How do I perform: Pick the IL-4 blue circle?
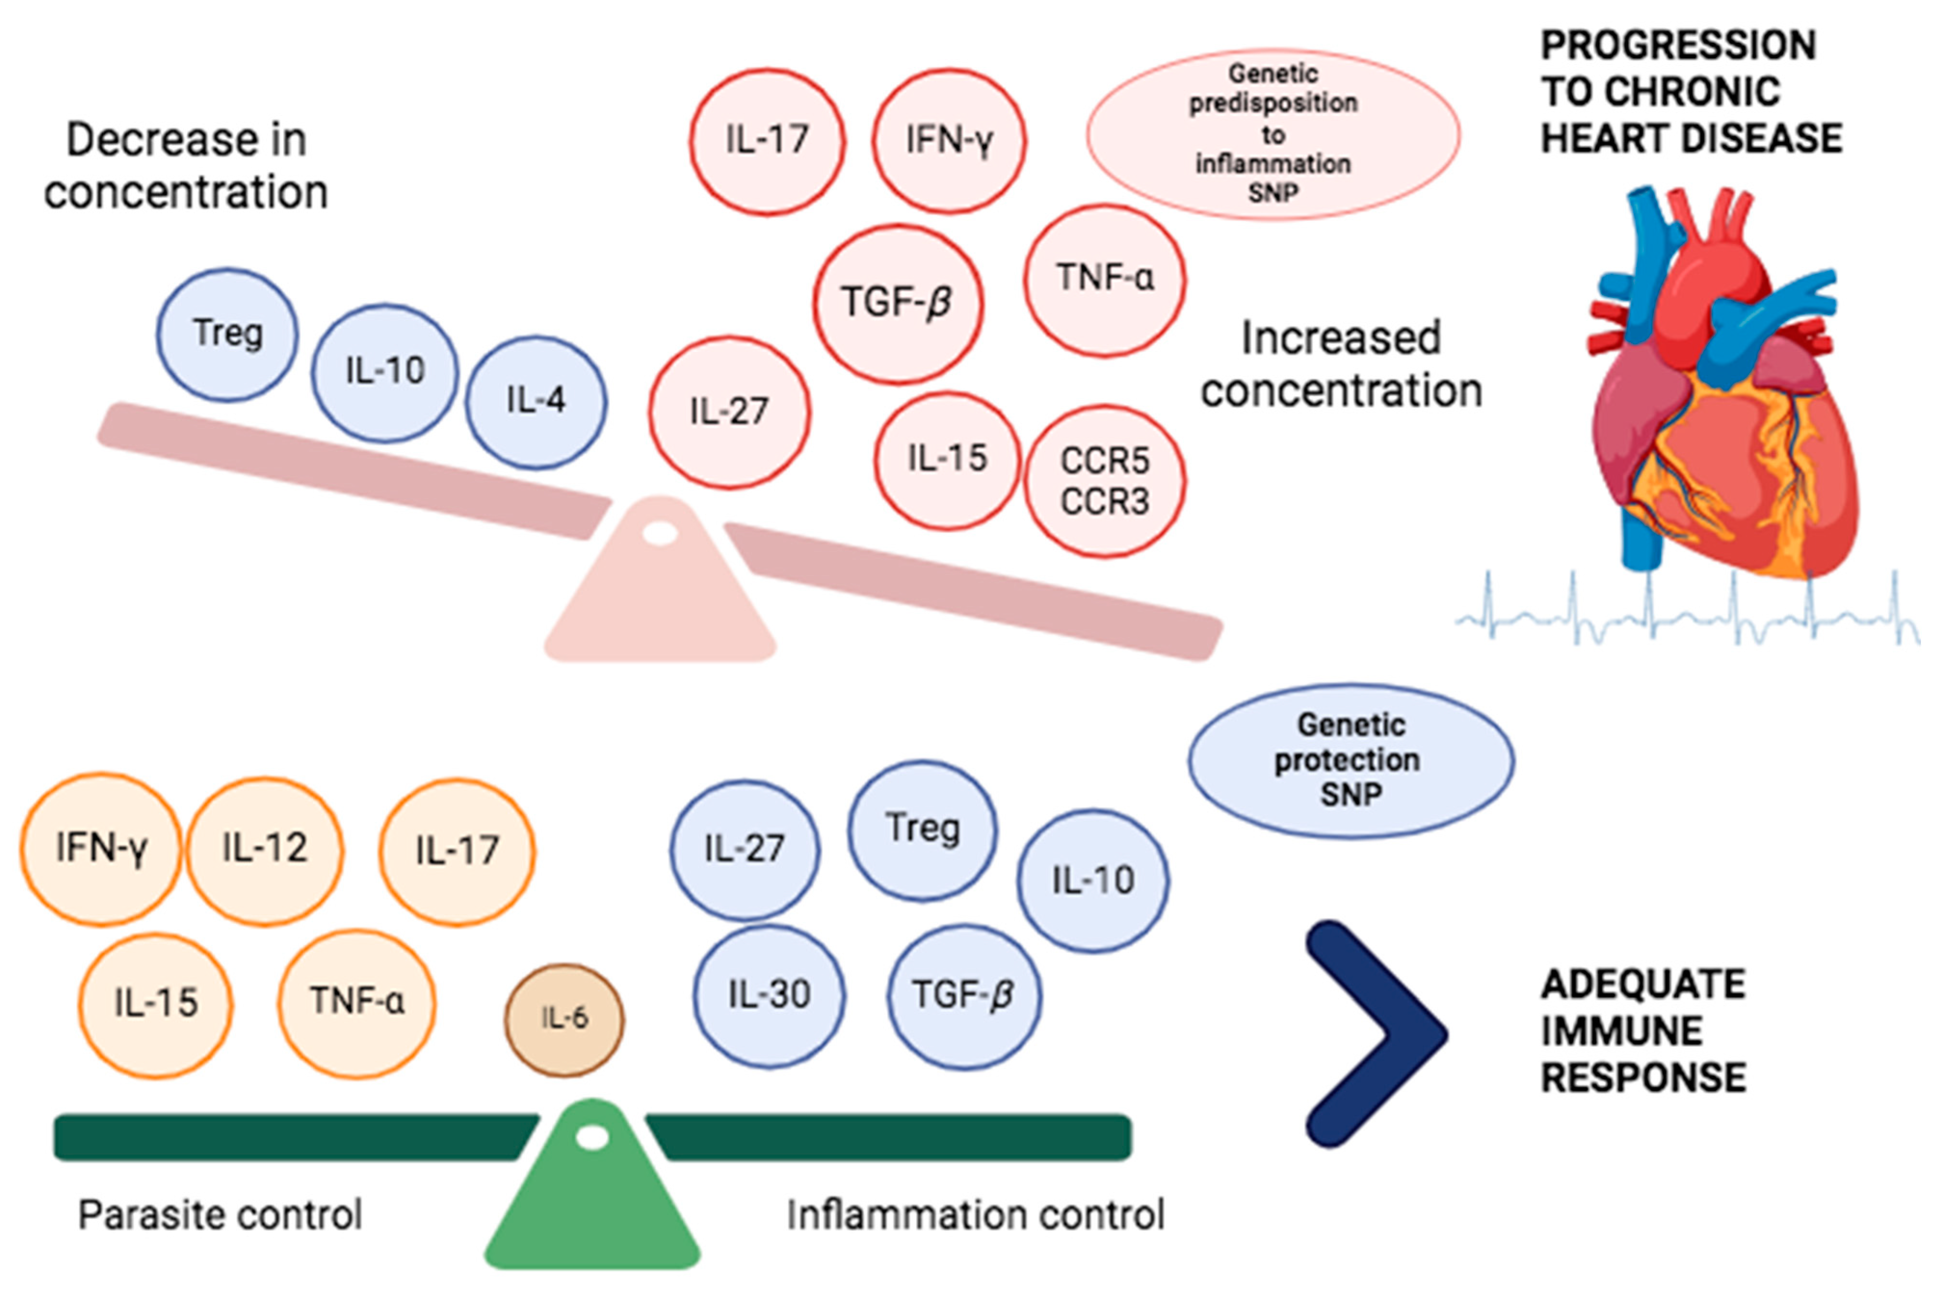(535, 401)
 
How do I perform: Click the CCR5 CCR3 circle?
(1104, 481)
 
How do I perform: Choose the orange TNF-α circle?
(356, 1002)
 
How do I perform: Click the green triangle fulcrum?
(592, 1201)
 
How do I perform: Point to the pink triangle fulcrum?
(660, 593)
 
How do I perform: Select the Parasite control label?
(220, 1214)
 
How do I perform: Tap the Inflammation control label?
(975, 1214)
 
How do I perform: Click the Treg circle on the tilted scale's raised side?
(227, 334)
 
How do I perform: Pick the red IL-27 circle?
(729, 412)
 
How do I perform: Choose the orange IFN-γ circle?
(101, 848)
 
